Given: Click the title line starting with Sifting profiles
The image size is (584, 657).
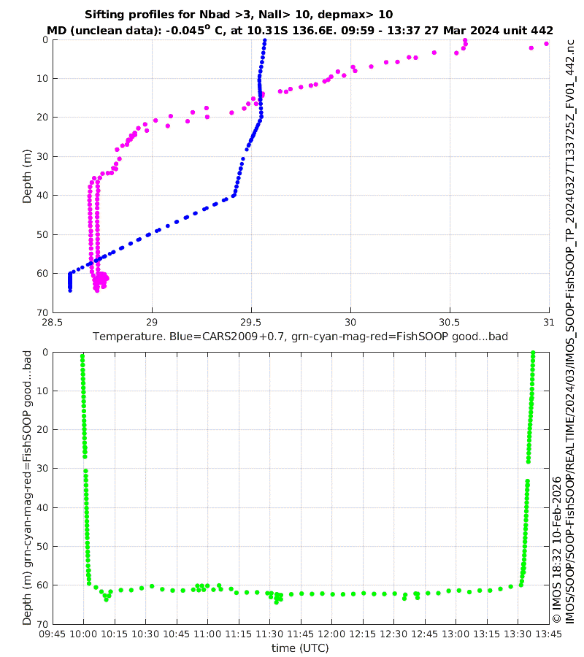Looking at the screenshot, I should point(239,15).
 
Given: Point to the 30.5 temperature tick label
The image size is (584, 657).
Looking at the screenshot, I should point(449,323).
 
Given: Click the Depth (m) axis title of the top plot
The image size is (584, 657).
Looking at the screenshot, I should point(27,176).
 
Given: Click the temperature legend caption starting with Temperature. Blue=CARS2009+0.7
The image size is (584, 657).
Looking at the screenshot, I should point(300,337).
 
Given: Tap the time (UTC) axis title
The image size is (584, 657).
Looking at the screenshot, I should point(300,648).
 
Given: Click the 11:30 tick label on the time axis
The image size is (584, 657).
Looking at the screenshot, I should point(269,634).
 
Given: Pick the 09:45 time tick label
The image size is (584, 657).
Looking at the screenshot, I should point(53,634).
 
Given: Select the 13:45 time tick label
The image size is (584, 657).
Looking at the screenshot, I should point(548,634).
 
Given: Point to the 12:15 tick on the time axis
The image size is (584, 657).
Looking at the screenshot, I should point(362,634).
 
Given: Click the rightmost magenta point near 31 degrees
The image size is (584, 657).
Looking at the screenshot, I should point(546,44).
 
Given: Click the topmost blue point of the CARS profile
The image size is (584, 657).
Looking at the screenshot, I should point(264,41).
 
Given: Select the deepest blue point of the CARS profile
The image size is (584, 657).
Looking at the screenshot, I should point(70,291).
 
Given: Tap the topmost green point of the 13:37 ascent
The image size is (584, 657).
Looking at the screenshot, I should point(534,353).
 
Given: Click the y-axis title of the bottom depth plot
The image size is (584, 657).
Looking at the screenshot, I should point(27,488).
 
